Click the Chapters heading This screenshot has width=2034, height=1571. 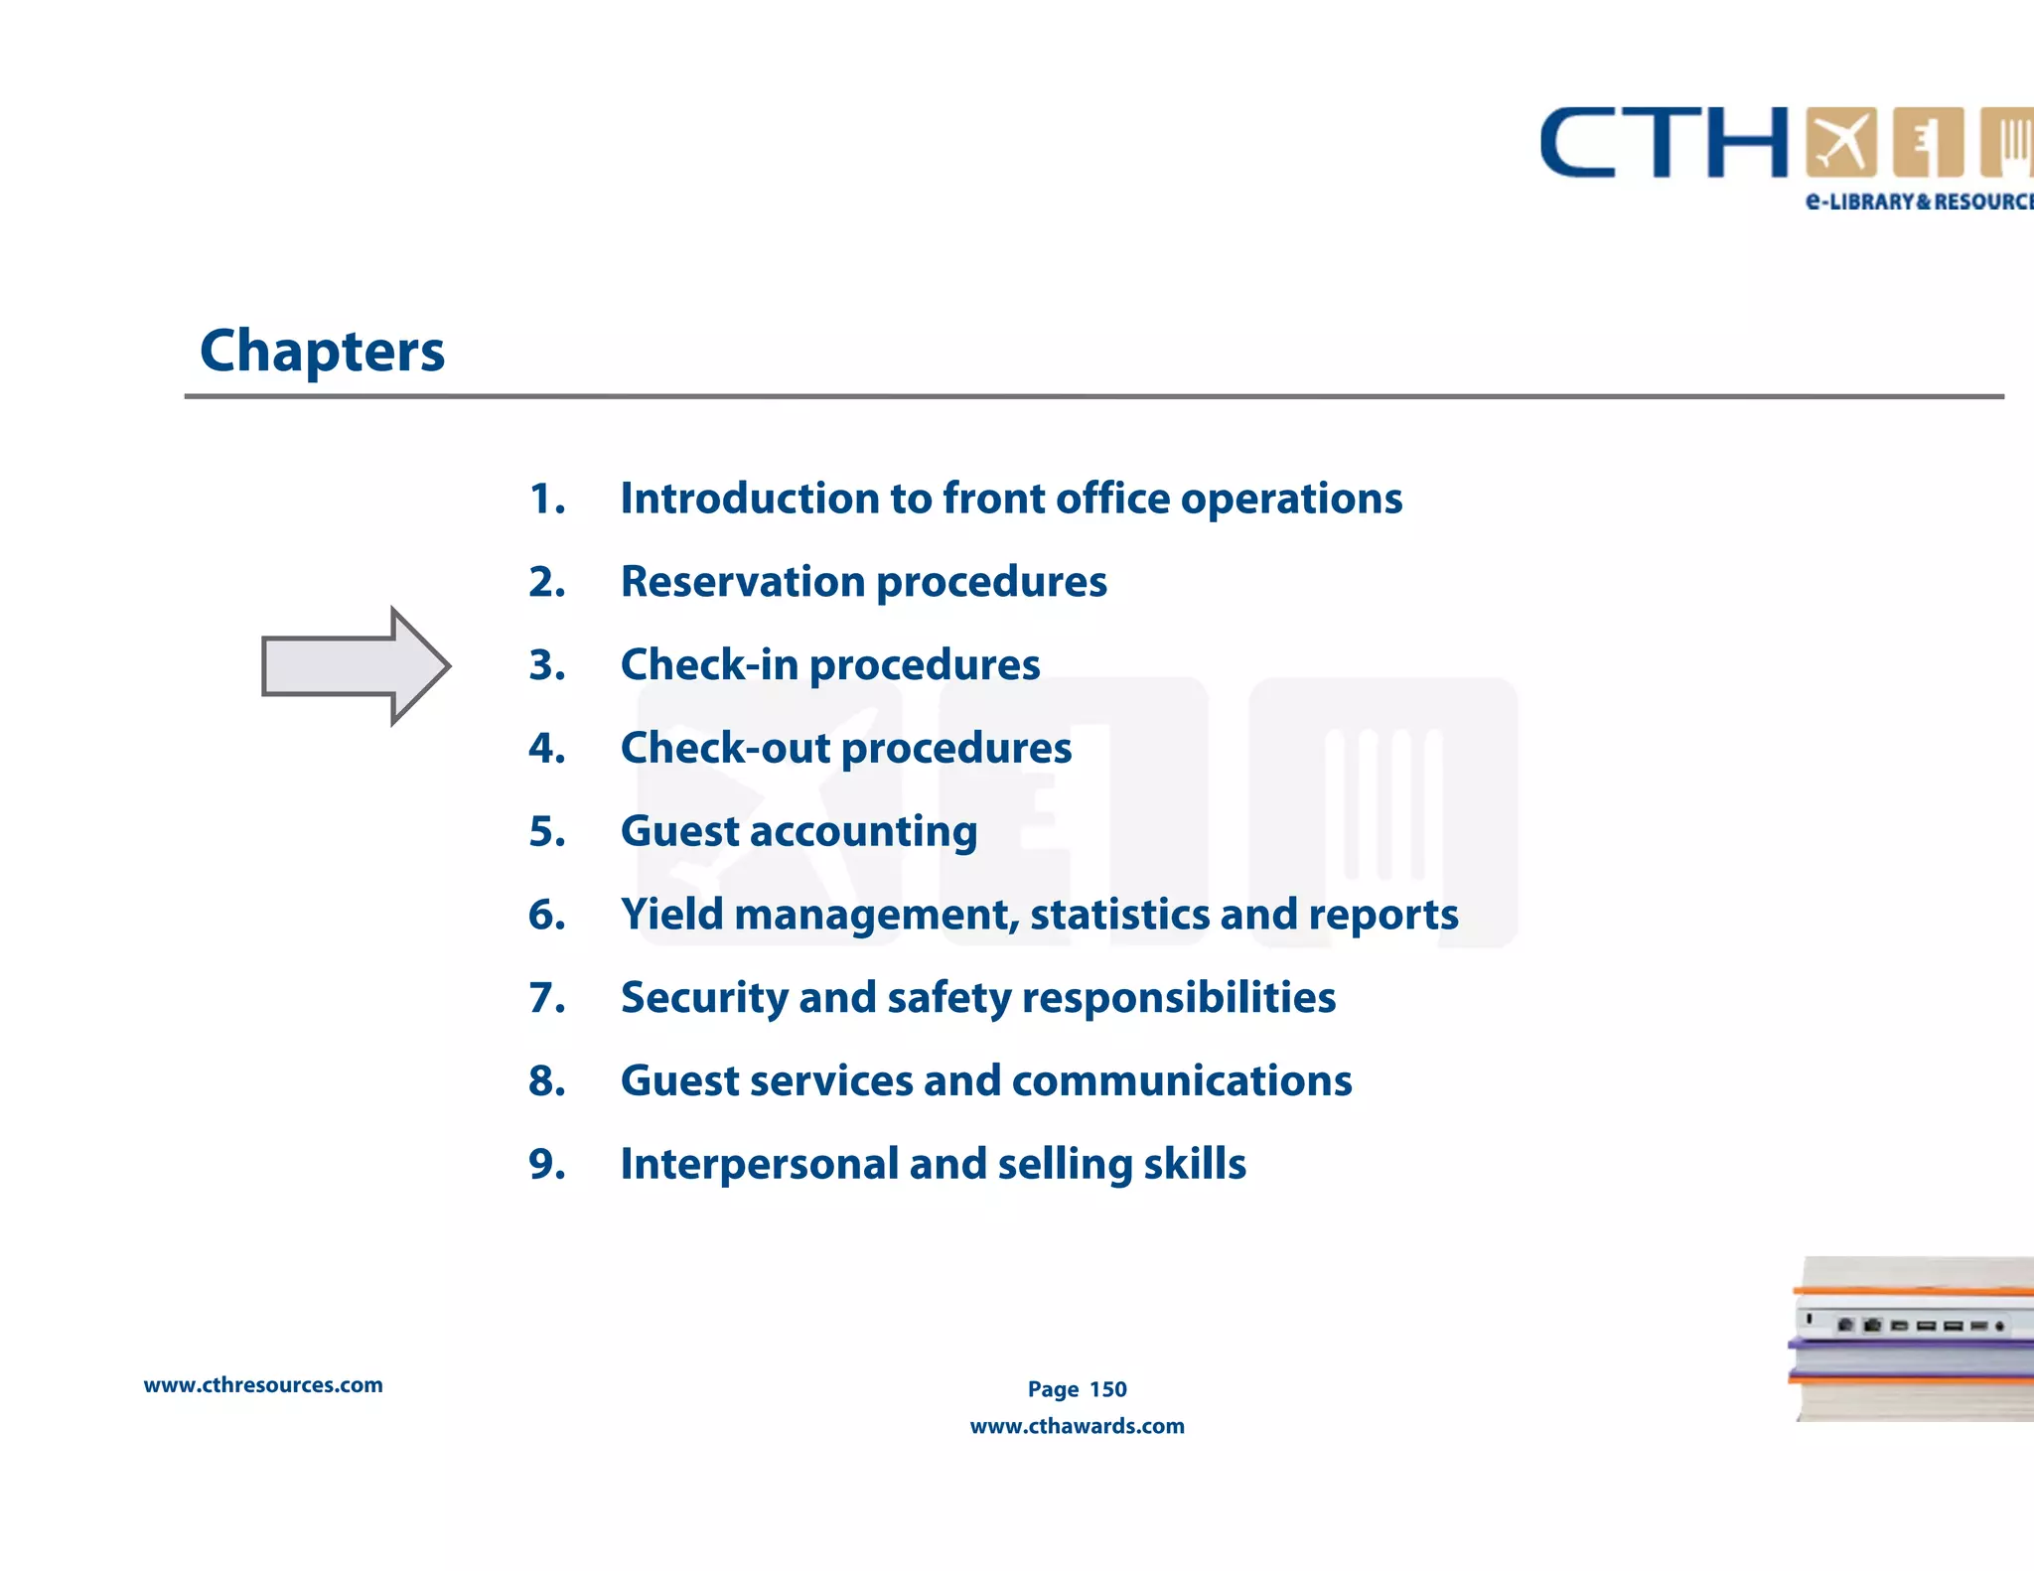tap(322, 352)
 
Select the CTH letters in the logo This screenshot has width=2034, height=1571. tap(1664, 143)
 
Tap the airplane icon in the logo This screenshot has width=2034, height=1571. tap(1840, 142)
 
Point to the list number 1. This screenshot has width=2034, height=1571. tap(546, 499)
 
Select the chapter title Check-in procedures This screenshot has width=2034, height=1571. tap(829, 665)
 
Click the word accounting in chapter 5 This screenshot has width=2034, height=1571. tap(863, 832)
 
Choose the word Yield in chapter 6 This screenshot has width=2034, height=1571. tap(671, 915)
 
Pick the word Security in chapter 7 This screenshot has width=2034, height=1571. tap(703, 998)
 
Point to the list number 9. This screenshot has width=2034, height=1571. tap(546, 1164)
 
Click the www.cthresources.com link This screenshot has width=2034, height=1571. tap(263, 1385)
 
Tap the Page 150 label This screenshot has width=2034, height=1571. tap(1077, 1389)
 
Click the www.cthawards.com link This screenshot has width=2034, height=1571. tap(1077, 1426)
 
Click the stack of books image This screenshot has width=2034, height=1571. tap(1913, 1339)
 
